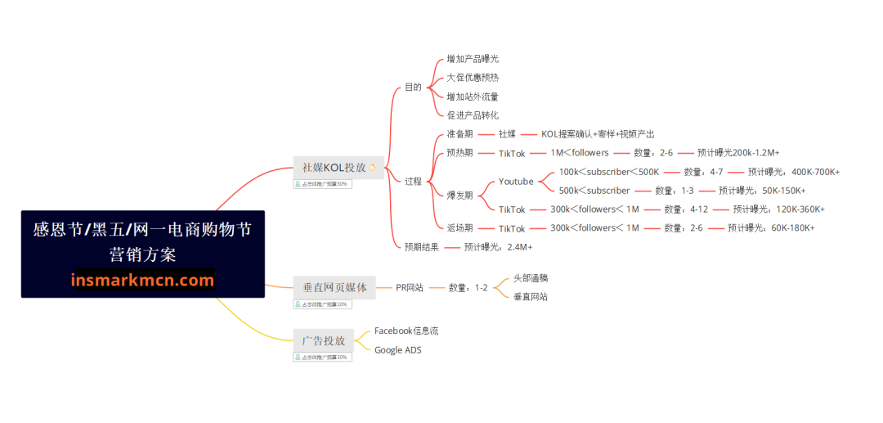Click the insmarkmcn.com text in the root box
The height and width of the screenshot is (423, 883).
[143, 281]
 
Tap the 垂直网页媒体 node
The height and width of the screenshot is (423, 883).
[334, 287]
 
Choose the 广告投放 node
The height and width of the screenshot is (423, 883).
[324, 340]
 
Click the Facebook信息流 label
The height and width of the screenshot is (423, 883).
[406, 331]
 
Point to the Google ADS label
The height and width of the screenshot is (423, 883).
[398, 350]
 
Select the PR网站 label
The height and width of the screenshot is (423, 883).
[410, 287]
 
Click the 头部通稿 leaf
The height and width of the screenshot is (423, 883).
[531, 278]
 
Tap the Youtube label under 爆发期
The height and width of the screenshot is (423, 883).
[516, 182]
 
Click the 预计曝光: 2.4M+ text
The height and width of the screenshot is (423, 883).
[498, 246]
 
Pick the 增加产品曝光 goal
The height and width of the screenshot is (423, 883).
[473, 59]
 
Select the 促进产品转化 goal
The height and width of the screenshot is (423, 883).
[473, 115]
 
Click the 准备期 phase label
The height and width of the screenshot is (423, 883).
[459, 134]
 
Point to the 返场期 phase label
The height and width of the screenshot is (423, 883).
[459, 227]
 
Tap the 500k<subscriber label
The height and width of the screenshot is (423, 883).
[594, 191]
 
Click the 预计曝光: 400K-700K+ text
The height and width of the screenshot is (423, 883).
[793, 172]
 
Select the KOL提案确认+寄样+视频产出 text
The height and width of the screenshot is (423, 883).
[598, 134]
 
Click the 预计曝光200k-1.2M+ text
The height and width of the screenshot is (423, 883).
[738, 153]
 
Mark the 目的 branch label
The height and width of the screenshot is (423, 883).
[413, 87]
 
